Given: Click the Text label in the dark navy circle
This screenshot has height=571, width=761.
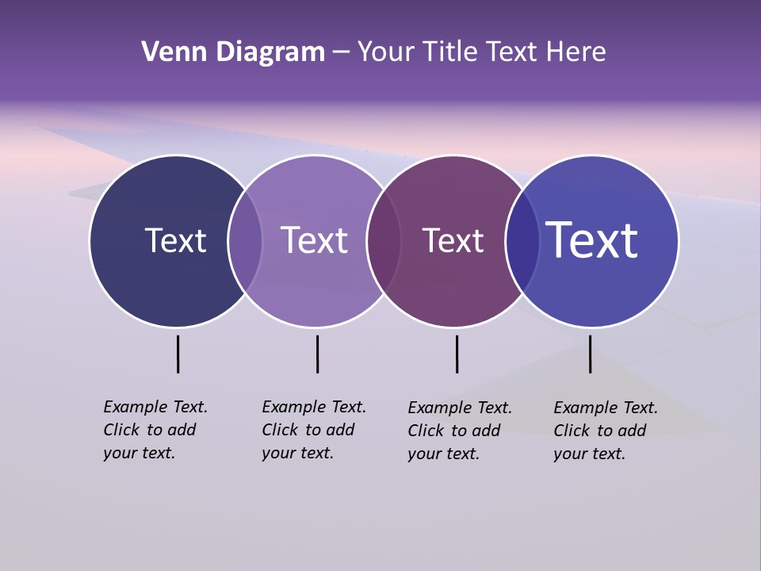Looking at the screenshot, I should tap(175, 240).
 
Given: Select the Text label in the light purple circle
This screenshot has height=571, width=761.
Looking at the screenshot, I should tap(314, 240).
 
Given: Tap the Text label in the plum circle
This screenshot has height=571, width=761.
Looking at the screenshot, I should tap(453, 240).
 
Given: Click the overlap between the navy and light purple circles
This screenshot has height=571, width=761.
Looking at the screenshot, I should tap(245, 240).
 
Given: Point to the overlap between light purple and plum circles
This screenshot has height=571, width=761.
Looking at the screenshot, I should tap(384, 240).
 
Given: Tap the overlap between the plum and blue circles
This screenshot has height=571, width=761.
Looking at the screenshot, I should tap(522, 240).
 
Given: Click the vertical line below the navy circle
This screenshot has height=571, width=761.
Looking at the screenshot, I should tap(178, 354).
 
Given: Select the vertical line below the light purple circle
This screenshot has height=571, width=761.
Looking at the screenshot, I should tap(317, 354).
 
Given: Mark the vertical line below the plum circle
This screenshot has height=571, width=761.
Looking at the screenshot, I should tap(457, 354).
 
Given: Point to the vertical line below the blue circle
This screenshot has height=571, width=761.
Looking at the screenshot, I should tap(590, 354).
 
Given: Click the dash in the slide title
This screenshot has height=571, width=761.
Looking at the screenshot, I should tap(341, 53).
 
